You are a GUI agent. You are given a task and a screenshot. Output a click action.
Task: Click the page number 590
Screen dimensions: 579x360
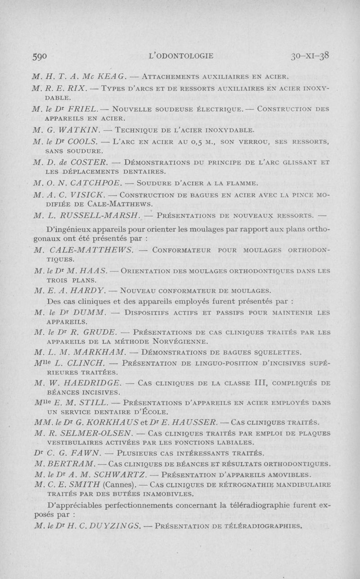(40, 56)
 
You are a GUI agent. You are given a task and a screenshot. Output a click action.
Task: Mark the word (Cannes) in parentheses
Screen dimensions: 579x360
(119, 484)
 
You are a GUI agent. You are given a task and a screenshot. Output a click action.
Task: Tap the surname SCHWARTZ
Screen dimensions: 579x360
(116, 474)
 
